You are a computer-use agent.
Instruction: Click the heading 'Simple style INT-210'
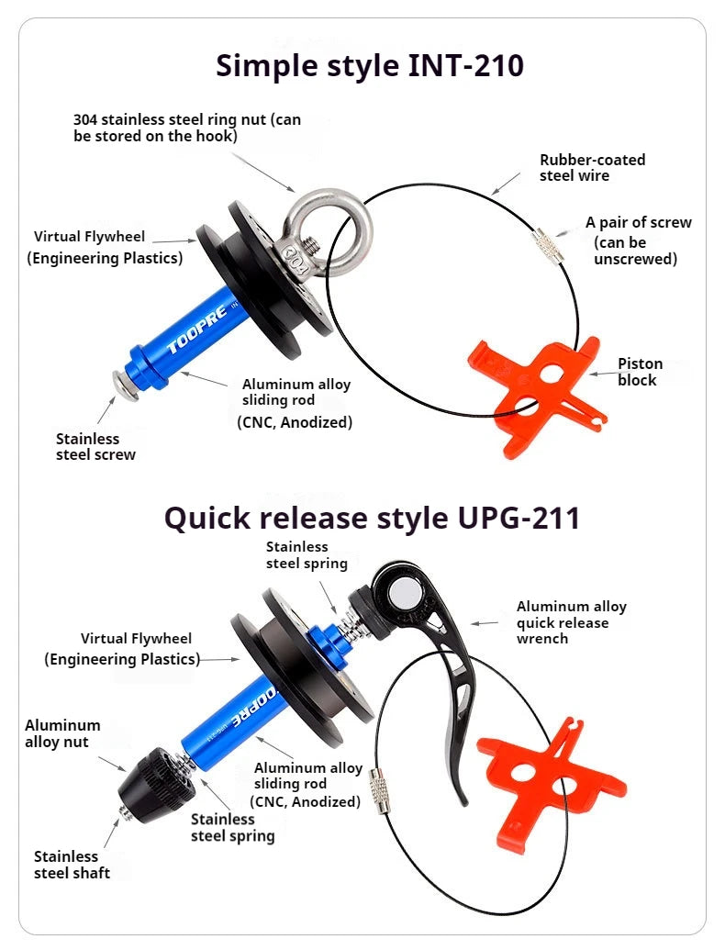(370, 66)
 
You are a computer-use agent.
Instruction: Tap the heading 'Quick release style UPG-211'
(372, 519)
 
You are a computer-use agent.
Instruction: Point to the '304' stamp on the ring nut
(296, 258)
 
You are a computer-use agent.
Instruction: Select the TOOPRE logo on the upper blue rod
(197, 329)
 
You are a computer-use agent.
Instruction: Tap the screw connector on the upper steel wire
(549, 246)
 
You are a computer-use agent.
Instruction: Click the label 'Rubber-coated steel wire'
(592, 168)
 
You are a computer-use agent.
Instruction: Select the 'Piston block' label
(641, 372)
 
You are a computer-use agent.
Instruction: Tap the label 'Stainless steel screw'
(95, 446)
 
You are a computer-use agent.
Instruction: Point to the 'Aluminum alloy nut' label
(62, 733)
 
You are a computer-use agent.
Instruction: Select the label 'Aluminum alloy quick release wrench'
(571, 622)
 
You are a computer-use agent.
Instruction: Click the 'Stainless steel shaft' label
(72, 865)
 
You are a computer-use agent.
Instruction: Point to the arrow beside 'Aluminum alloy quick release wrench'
(485, 623)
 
